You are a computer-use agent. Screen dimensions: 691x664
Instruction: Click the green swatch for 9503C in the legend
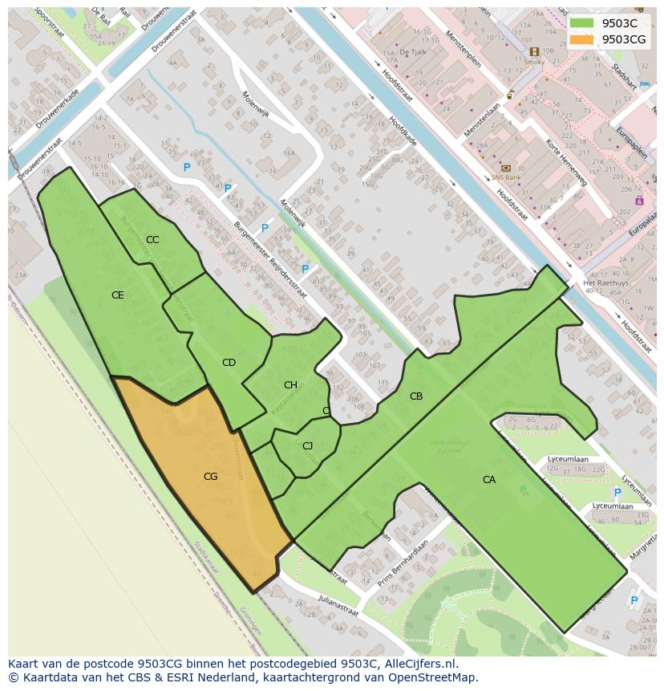[582, 23]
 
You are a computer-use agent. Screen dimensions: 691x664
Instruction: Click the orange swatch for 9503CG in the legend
[582, 39]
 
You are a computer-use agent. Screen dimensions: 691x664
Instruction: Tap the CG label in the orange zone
[210, 477]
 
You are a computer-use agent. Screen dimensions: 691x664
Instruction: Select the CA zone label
[489, 480]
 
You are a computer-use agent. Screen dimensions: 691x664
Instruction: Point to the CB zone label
[416, 396]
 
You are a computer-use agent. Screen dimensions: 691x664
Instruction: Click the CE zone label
[118, 295]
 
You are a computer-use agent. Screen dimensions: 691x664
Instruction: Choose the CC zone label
[152, 240]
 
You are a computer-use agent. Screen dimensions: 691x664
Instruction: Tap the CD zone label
[229, 363]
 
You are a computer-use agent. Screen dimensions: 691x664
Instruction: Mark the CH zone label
[290, 385]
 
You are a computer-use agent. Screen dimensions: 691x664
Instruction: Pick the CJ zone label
[307, 446]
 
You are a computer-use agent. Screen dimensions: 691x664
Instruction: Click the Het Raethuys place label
[605, 283]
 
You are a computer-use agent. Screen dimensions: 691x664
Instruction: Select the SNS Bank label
[506, 177]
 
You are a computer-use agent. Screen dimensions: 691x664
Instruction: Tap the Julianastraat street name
[338, 604]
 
